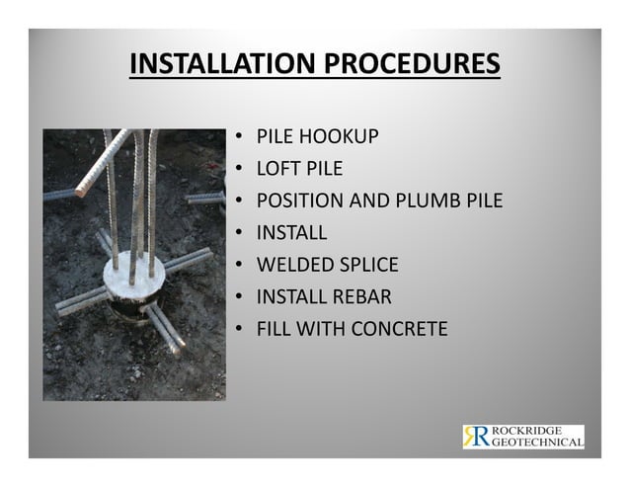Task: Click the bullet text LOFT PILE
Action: click(x=299, y=169)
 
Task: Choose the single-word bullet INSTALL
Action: click(x=291, y=233)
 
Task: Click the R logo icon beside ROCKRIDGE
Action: click(x=475, y=437)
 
